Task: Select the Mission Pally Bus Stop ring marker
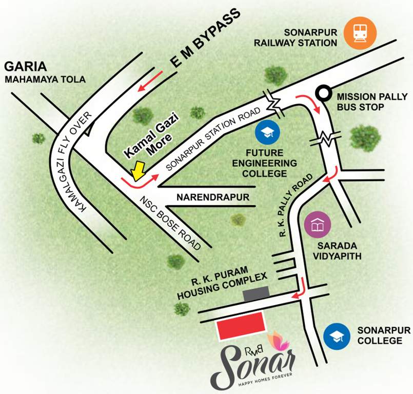click(323, 93)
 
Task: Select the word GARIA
click(26, 66)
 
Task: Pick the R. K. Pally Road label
click(295, 205)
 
